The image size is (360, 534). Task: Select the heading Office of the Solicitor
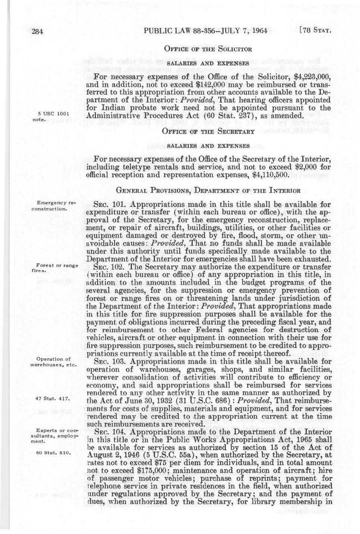[208, 49]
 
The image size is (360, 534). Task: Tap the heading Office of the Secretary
[208, 131]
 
